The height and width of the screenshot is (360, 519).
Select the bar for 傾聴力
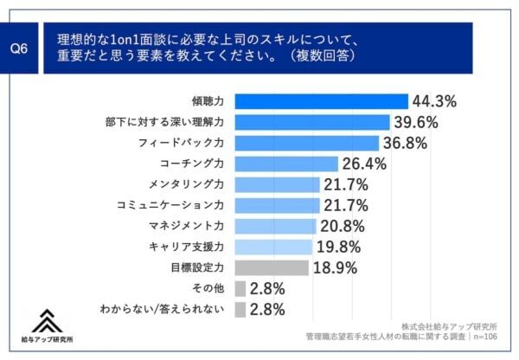(321, 100)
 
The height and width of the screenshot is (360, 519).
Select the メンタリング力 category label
(187, 184)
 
